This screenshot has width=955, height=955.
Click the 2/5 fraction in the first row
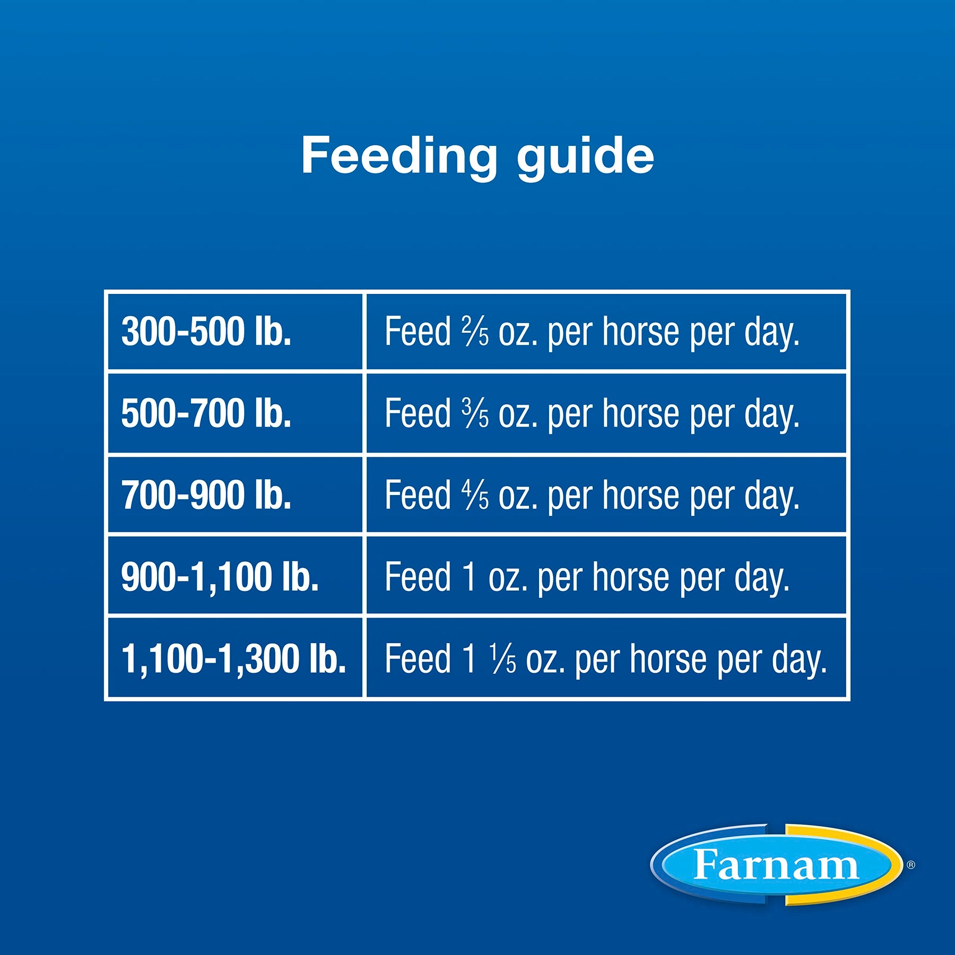pyautogui.click(x=475, y=331)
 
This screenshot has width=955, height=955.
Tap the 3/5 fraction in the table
pyautogui.click(x=475, y=413)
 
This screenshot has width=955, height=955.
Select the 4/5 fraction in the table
pyautogui.click(x=475, y=494)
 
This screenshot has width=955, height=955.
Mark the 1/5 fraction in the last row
pyautogui.click(x=502, y=658)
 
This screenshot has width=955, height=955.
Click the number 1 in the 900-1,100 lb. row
pyautogui.click(x=469, y=576)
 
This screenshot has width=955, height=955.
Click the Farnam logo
pyautogui.click(x=776, y=865)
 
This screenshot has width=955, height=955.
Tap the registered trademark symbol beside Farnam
pyautogui.click(x=911, y=865)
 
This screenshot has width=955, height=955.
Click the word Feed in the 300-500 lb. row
pyautogui.click(x=418, y=331)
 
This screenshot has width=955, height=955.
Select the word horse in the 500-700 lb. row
pyautogui.click(x=641, y=413)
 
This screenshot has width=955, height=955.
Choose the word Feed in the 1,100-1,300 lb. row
pyautogui.click(x=418, y=658)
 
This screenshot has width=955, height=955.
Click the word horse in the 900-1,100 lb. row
pyautogui.click(x=631, y=577)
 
